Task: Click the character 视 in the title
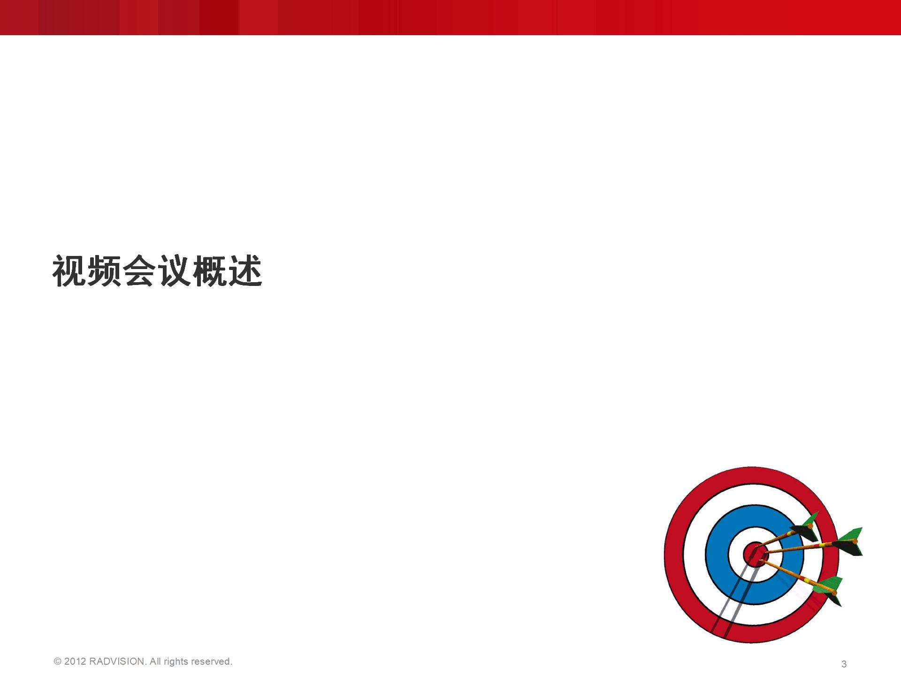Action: coord(69,271)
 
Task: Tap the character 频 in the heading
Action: coord(105,271)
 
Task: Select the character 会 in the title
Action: coord(140,271)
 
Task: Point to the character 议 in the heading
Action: coord(175,271)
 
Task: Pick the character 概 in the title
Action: coord(210,271)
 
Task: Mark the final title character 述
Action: coord(245,271)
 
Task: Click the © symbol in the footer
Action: coord(58,661)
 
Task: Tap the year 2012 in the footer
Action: coord(75,661)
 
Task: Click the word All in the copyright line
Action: coord(155,661)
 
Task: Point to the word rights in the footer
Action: coord(176,662)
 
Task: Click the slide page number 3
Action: coord(844,664)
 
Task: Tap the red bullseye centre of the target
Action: coord(755,554)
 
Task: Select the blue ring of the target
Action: coord(716,555)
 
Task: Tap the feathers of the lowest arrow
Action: coord(829,589)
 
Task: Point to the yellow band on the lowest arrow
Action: coord(806,580)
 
